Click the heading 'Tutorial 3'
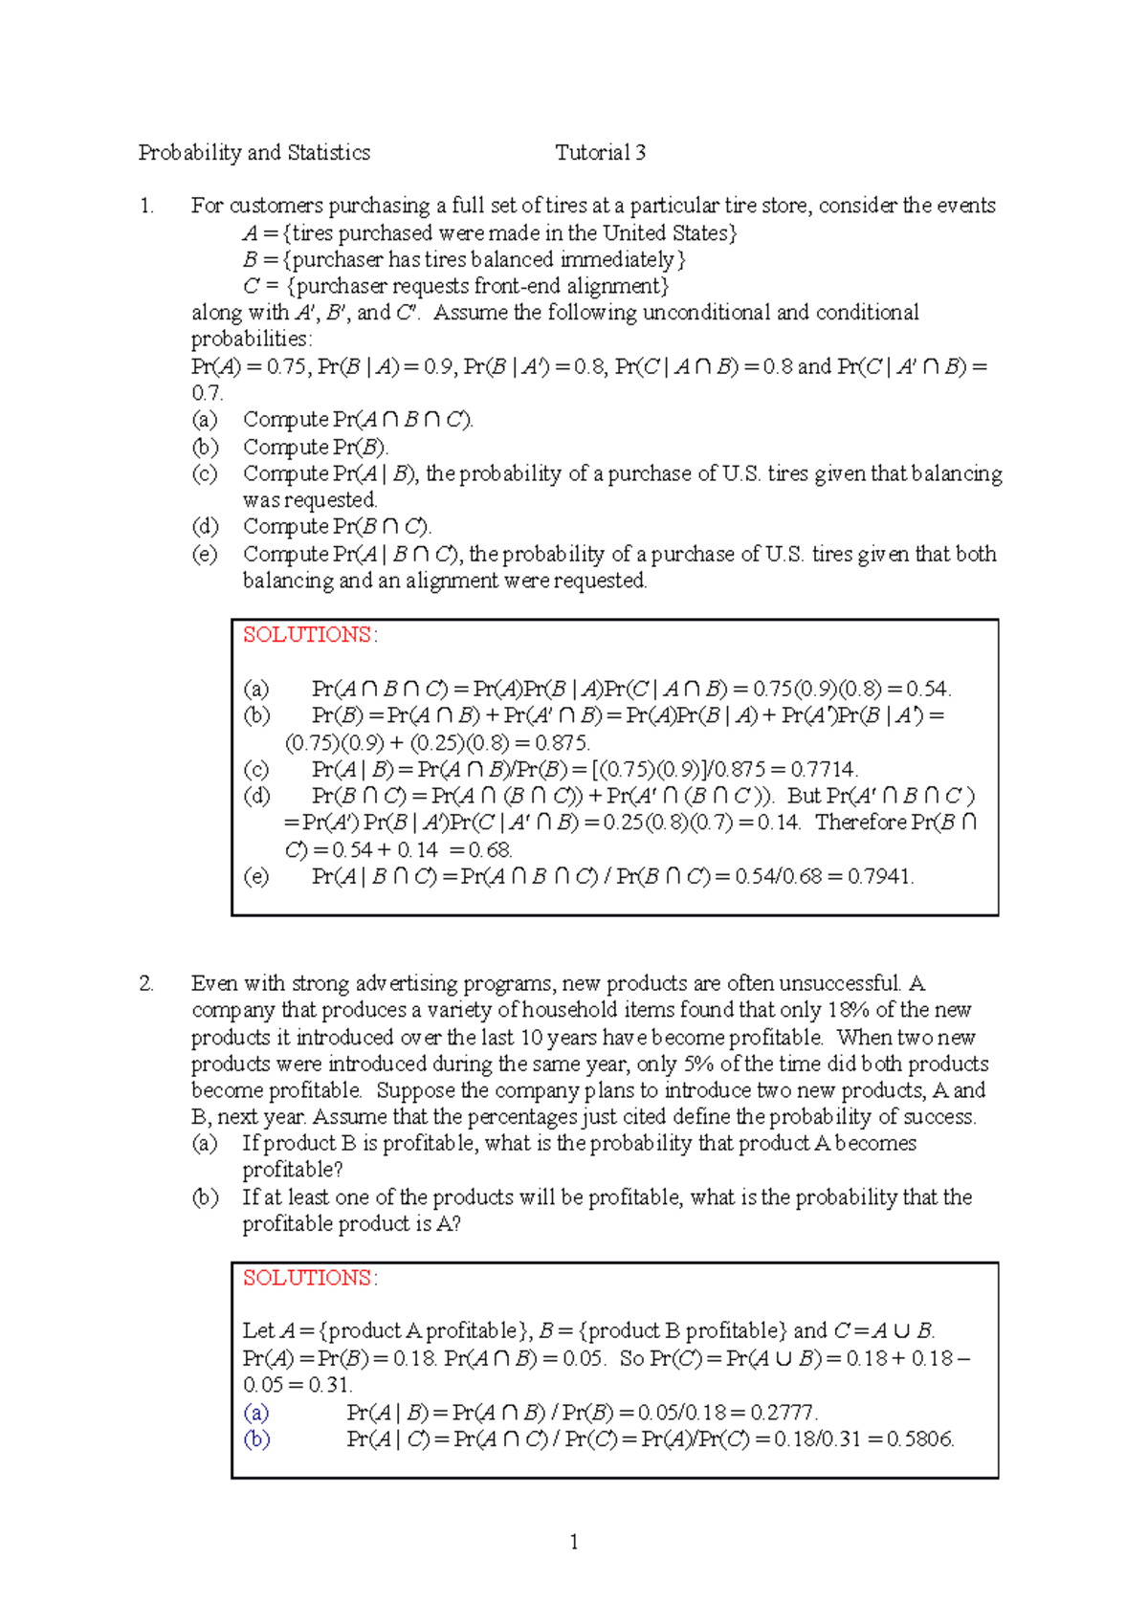click(600, 153)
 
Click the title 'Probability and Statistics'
click(254, 153)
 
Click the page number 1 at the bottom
click(573, 1542)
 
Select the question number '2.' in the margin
click(146, 983)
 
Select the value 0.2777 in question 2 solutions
click(784, 1413)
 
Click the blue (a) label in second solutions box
click(255, 1413)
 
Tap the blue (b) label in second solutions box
click(256, 1438)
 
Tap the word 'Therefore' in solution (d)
click(860, 823)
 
